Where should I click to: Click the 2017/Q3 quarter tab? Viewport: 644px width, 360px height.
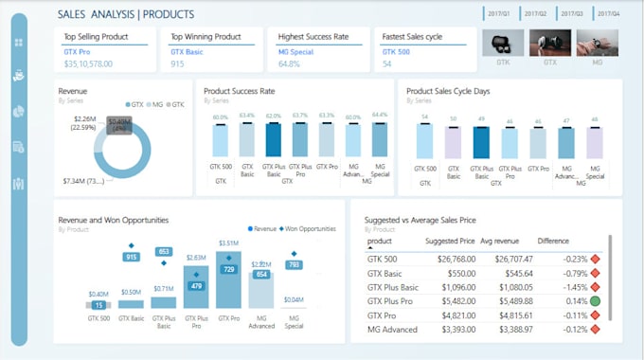pyautogui.click(x=571, y=14)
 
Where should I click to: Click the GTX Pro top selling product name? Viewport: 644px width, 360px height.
pyautogui.click(x=78, y=51)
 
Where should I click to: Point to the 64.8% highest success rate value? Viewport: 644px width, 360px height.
pyautogui.click(x=290, y=64)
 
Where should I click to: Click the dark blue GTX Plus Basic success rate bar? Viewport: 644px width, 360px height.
pyautogui.click(x=275, y=138)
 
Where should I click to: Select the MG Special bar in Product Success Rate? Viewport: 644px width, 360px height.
pyautogui.click(x=380, y=138)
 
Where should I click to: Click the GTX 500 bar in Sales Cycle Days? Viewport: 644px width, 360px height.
pyautogui.click(x=426, y=140)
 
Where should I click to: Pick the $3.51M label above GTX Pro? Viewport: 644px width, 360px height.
pyautogui.click(x=228, y=243)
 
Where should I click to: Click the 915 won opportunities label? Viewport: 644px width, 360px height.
pyautogui.click(x=132, y=257)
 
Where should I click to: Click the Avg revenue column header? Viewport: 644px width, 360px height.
pyautogui.click(x=499, y=241)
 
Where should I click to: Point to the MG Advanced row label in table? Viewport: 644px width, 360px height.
pyautogui.click(x=393, y=331)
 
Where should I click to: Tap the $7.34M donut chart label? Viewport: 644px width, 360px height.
pyautogui.click(x=83, y=180)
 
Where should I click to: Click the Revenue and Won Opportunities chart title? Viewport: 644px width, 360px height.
pyautogui.click(x=114, y=220)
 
